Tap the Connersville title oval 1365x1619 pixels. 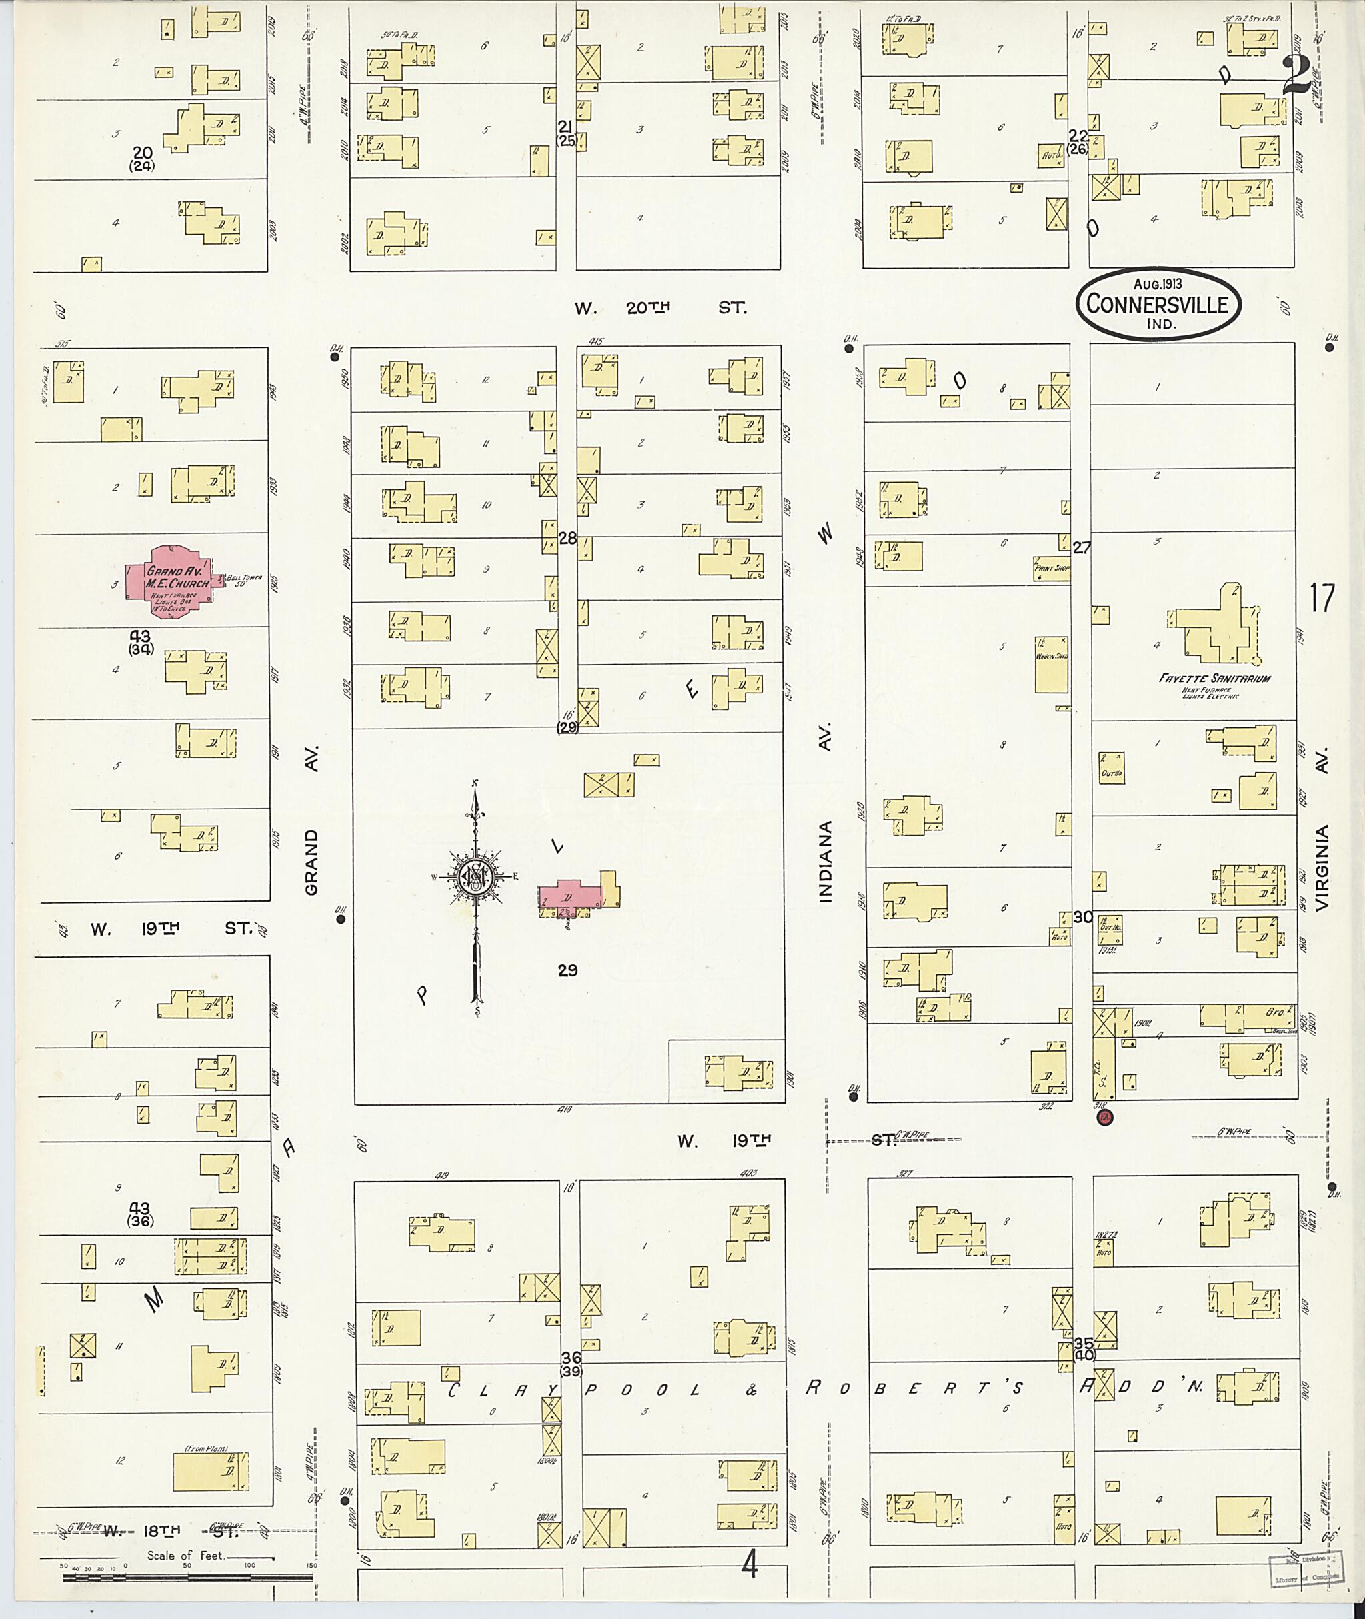(1157, 303)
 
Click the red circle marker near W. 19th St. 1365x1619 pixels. (1105, 1118)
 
